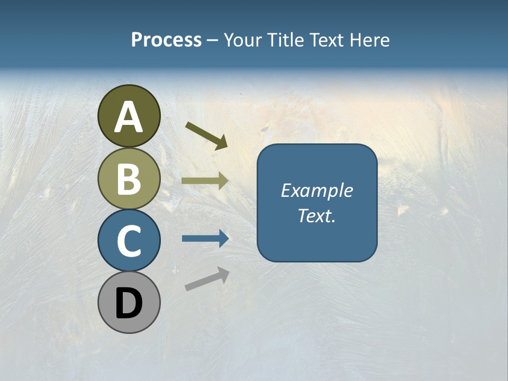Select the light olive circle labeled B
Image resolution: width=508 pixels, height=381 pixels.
(129, 178)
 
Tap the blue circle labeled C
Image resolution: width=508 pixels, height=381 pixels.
(129, 240)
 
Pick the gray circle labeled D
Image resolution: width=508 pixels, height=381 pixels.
(129, 302)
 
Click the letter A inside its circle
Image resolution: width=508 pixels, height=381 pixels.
(129, 117)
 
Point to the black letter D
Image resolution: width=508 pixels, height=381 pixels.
(129, 304)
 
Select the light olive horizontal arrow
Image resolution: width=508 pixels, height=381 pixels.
(205, 180)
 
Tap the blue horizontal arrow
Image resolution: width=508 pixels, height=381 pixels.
(205, 239)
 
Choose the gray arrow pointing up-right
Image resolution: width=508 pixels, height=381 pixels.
(207, 278)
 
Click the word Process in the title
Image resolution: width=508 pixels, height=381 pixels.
(166, 40)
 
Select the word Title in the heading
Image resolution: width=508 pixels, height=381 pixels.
(285, 40)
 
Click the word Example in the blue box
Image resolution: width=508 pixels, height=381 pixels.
(316, 190)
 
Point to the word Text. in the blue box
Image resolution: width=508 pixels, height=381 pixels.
(316, 216)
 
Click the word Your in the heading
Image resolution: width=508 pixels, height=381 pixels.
(243, 40)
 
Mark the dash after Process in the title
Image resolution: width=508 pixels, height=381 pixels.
(212, 41)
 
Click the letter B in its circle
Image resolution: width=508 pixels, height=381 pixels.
(129, 179)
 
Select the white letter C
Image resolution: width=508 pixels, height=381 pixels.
(129, 241)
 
